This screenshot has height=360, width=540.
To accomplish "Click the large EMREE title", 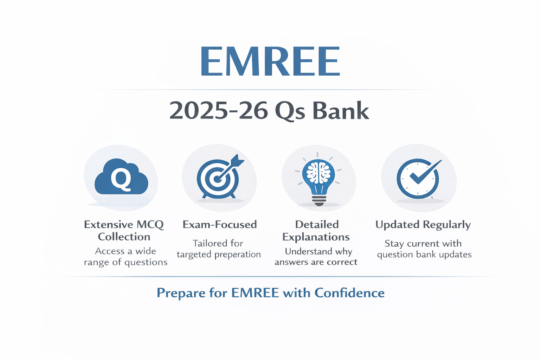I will (270, 62).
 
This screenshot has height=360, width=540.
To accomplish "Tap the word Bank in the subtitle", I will (340, 111).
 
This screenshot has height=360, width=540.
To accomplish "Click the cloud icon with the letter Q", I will (121, 178).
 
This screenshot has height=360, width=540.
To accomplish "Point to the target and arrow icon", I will (219, 178).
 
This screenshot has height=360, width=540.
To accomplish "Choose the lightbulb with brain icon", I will (319, 179).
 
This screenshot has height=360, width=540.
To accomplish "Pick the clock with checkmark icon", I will (418, 179).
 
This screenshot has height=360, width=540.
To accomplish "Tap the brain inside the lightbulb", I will (319, 172).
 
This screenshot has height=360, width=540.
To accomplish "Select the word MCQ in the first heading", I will (150, 225).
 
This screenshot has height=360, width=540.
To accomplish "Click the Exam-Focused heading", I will (220, 225).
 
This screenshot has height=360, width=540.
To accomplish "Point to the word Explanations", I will (316, 237).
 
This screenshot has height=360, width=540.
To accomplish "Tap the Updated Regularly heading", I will (423, 225).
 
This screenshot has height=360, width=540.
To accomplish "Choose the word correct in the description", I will (342, 262).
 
